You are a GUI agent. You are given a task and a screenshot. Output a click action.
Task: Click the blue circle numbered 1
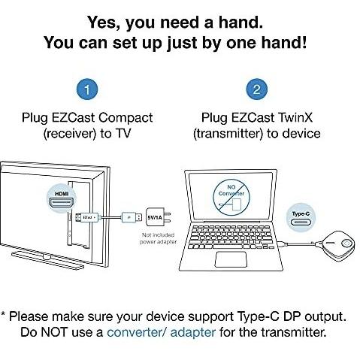tap(87, 89)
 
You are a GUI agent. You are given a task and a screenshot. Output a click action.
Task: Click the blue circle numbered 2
tap(257, 89)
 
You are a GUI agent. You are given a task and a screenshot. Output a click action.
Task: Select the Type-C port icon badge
tap(301, 218)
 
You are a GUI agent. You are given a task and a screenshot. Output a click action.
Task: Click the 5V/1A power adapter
tap(158, 217)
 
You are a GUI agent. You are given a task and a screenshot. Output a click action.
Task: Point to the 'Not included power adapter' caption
tap(158, 238)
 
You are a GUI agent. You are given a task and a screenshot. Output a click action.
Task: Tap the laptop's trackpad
tap(231, 259)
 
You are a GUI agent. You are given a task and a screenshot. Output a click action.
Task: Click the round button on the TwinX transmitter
tap(346, 244)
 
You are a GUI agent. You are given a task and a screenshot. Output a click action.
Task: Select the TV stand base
tap(47, 260)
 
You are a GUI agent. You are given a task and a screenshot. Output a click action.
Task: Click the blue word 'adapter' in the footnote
tap(193, 333)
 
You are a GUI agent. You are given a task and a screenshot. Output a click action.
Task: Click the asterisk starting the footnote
tap(3, 314)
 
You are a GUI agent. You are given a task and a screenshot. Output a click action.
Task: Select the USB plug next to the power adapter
tap(132, 217)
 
